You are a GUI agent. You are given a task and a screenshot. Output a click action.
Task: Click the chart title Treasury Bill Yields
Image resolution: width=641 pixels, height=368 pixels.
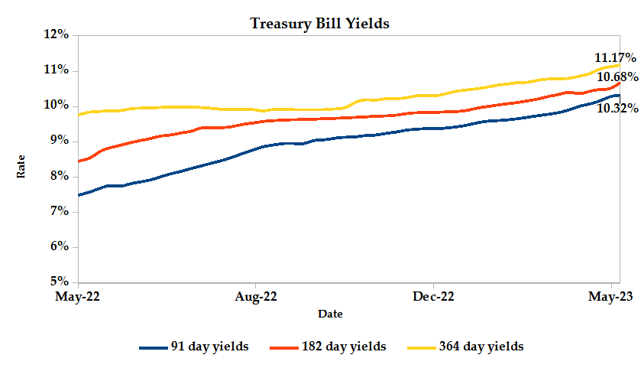click(x=320, y=24)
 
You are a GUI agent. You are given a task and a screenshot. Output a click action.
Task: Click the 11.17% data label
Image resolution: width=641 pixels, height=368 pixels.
click(x=615, y=57)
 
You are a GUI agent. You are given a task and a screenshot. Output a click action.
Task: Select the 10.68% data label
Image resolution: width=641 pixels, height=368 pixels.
click(x=617, y=77)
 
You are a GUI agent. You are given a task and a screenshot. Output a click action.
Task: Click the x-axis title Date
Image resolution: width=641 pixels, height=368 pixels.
click(x=330, y=314)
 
